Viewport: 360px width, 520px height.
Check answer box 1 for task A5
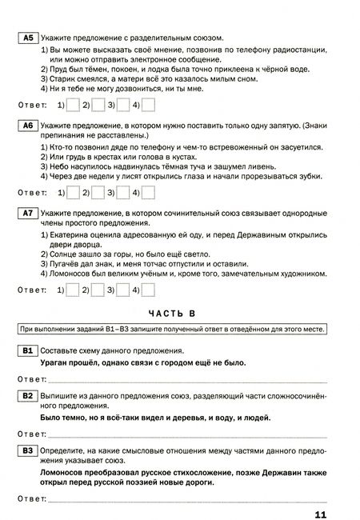[x=74, y=105]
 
